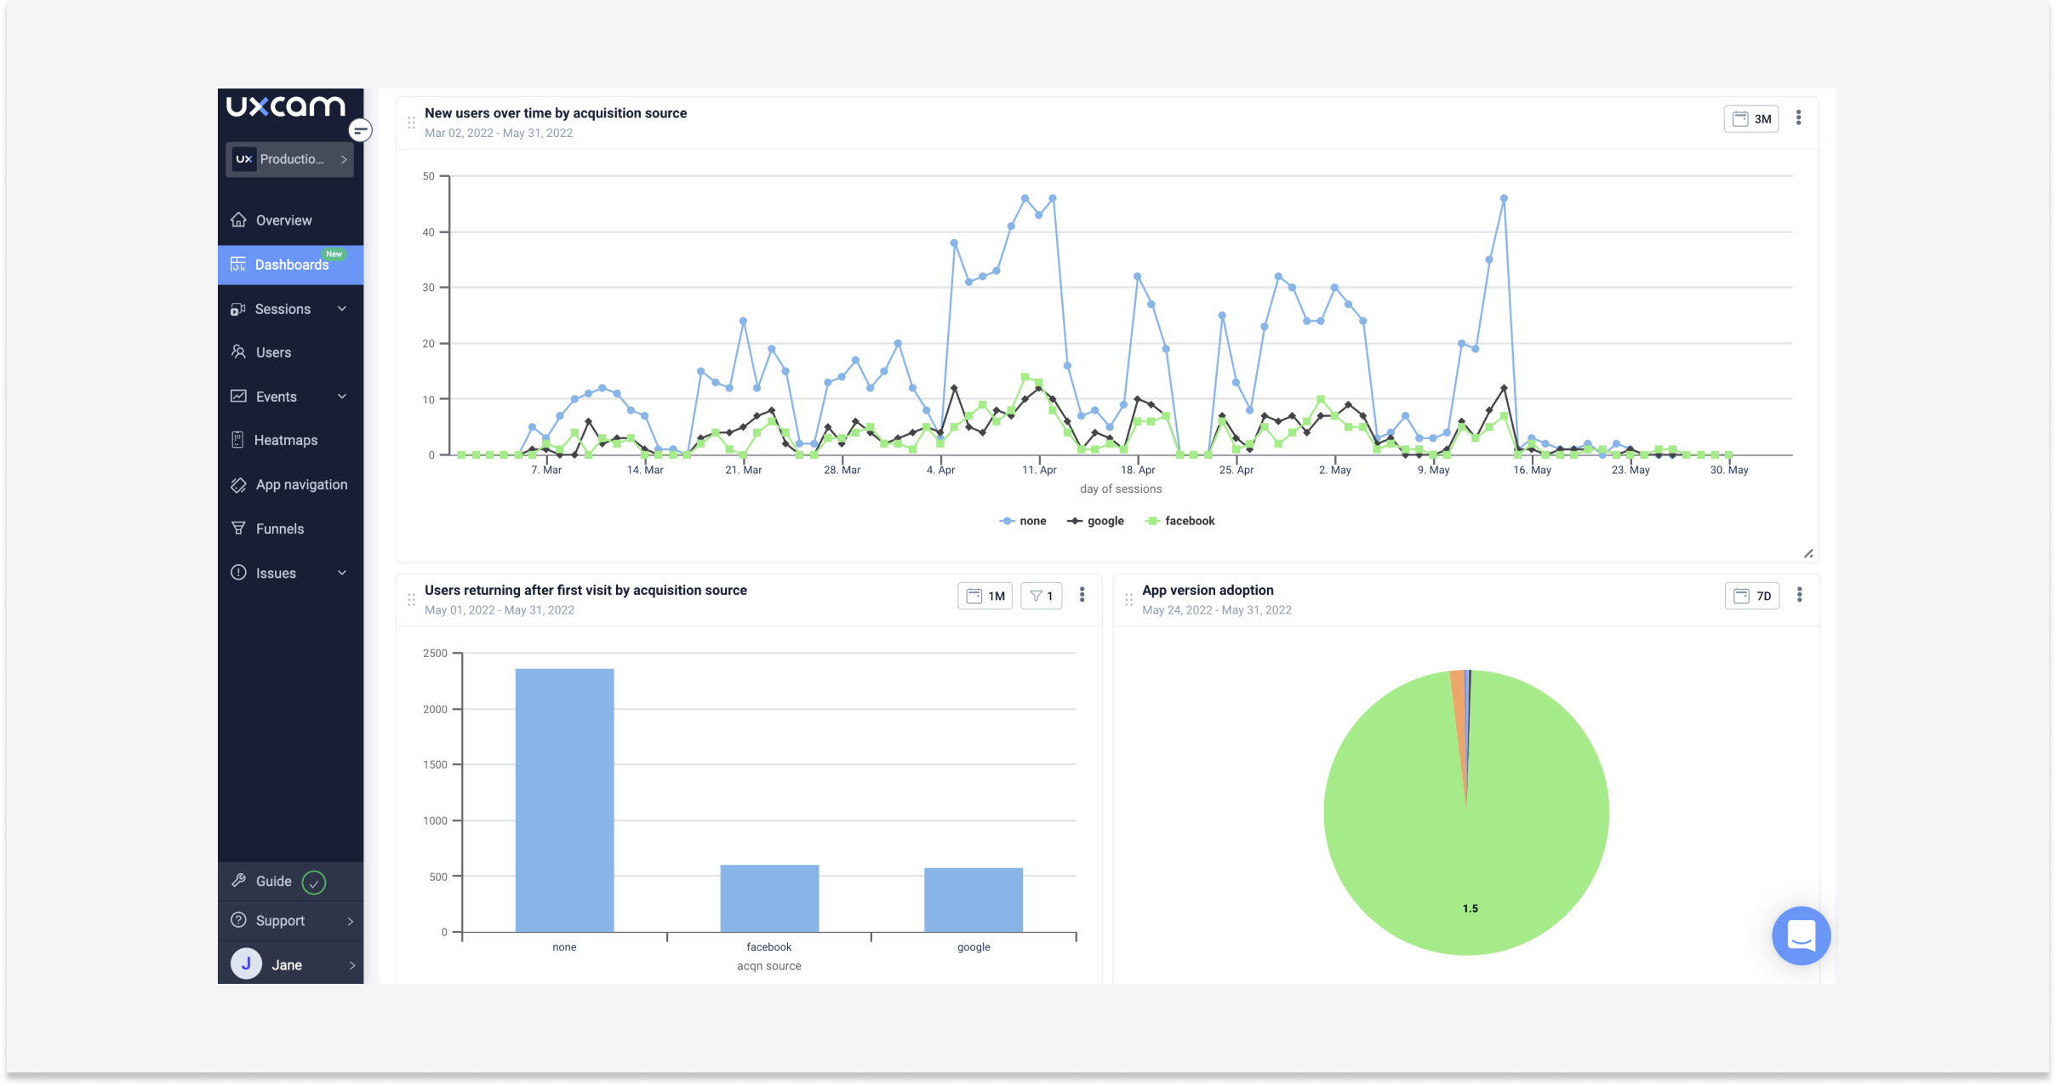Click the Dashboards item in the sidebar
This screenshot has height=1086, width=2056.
[x=290, y=265]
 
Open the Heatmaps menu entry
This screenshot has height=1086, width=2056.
[x=285, y=440]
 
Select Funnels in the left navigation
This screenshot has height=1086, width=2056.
[x=279, y=529]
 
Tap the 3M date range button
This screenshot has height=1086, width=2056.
[x=1751, y=119]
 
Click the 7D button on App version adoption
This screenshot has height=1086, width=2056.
[x=1752, y=596]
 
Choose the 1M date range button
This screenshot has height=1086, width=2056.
[x=985, y=596]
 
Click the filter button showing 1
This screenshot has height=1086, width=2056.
[x=1041, y=596]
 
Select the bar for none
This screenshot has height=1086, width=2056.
[x=564, y=800]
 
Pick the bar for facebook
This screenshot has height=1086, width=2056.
[x=769, y=898]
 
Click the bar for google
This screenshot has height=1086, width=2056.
[x=974, y=900]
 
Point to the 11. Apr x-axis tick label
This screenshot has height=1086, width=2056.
[x=1039, y=470]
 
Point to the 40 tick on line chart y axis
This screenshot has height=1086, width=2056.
[x=428, y=232]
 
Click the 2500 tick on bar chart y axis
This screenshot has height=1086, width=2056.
[x=435, y=654]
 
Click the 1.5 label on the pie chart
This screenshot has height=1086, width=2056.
[x=1471, y=908]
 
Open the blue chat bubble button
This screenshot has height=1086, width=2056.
[x=1801, y=935]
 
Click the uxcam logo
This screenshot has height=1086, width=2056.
[x=286, y=106]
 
